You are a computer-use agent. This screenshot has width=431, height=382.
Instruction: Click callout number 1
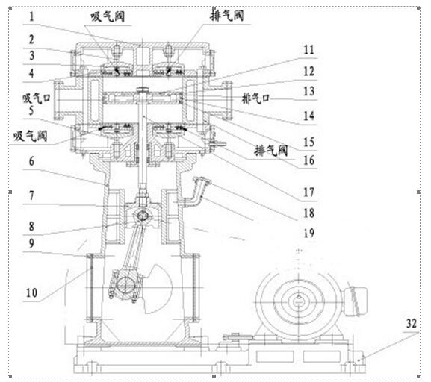(32, 16)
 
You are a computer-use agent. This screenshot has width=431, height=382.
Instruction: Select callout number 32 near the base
(412, 323)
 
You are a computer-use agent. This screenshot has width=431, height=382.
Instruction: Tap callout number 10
(31, 292)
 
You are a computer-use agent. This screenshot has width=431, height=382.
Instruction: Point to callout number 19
(309, 234)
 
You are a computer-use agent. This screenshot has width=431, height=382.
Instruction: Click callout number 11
(309, 50)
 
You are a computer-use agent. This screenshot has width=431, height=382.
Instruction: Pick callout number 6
(32, 161)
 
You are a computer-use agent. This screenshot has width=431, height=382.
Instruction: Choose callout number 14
(309, 116)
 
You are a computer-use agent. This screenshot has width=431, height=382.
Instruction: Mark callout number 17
(309, 192)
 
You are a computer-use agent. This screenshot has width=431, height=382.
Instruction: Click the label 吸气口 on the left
(37, 98)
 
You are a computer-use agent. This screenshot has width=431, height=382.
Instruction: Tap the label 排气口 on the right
(255, 98)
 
